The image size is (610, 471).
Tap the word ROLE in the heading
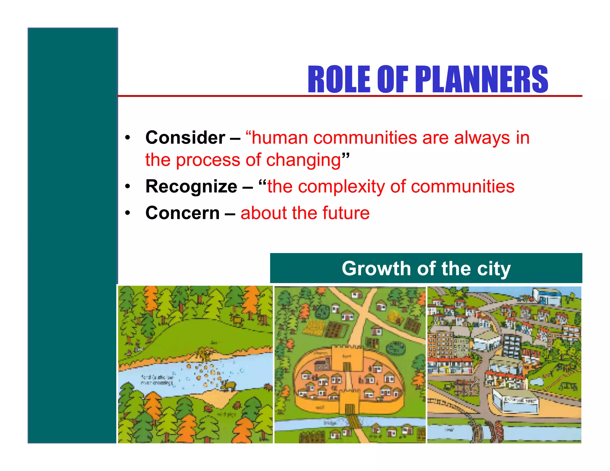click(x=339, y=79)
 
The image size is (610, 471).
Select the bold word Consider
click(x=185, y=138)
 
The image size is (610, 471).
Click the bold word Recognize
click(x=191, y=187)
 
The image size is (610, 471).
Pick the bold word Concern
click(x=182, y=213)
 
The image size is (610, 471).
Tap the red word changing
click(x=303, y=160)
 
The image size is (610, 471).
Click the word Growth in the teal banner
click(x=376, y=269)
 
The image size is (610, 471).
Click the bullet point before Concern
click(x=128, y=213)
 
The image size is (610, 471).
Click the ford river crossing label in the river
click(x=157, y=380)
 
